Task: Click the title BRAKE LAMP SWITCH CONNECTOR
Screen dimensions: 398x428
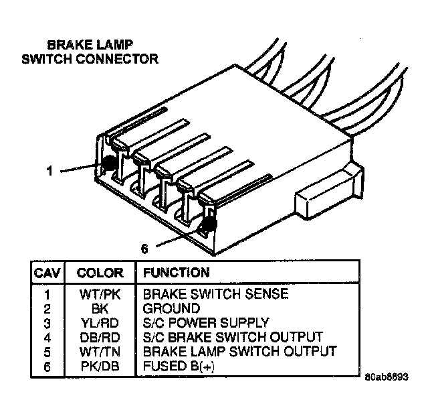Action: click(90, 52)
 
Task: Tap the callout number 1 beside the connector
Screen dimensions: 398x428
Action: click(49, 171)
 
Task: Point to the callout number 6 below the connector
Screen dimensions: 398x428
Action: click(144, 249)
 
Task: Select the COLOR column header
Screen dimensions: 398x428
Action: click(100, 273)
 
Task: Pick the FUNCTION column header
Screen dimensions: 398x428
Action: click(176, 273)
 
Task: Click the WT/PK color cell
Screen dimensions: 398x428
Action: click(100, 294)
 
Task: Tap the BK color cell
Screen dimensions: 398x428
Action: click(100, 308)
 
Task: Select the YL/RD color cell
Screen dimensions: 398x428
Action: click(100, 322)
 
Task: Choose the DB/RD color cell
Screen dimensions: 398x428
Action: click(100, 336)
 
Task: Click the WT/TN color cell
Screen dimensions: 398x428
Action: click(100, 350)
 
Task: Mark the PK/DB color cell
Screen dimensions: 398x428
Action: click(100, 365)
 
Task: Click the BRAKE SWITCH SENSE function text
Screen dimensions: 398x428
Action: click(215, 294)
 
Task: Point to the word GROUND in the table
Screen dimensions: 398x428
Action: click(171, 308)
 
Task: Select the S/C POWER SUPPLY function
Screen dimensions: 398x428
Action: click(206, 322)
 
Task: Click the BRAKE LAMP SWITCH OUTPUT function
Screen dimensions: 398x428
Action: click(239, 350)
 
